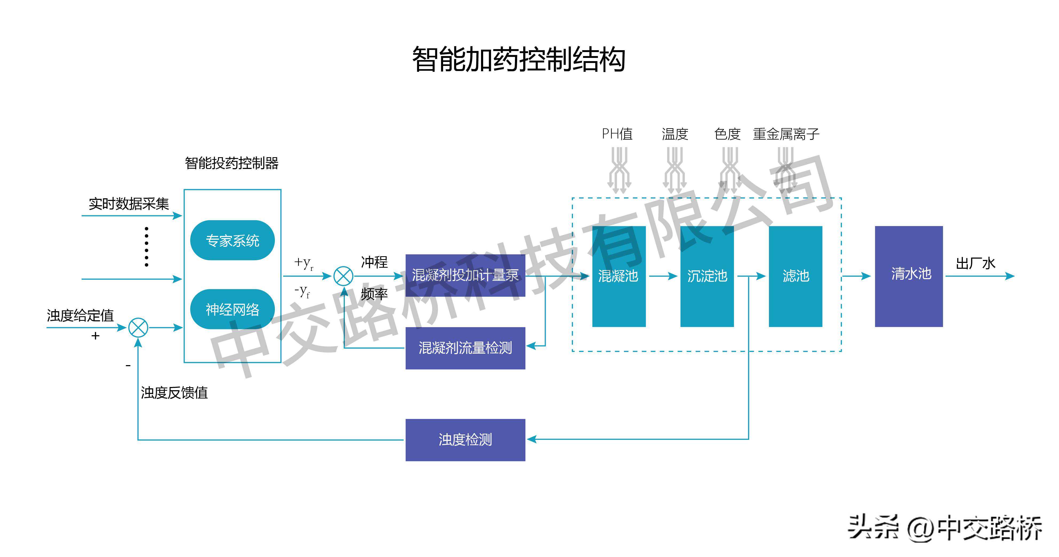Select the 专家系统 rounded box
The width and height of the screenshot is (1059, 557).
point(232,240)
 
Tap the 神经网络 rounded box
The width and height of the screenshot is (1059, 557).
point(232,309)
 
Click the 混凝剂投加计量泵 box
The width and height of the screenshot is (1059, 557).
point(465,275)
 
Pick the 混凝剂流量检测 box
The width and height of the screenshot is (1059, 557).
point(465,348)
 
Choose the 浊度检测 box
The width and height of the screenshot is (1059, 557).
point(465,440)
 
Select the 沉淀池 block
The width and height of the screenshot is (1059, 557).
point(707,276)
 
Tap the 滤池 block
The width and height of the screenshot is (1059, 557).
point(795,276)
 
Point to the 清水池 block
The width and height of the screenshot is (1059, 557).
point(909,276)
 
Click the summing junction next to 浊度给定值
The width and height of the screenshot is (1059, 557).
point(138,328)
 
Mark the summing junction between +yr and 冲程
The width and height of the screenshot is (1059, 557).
point(343,276)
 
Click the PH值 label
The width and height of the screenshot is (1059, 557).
point(617,134)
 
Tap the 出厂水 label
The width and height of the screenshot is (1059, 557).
point(975,263)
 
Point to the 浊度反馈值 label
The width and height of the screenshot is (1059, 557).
point(174,393)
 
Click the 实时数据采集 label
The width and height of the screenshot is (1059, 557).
point(129,204)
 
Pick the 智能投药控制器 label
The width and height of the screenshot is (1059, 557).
point(232,163)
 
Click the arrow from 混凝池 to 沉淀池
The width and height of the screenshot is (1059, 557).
point(663,276)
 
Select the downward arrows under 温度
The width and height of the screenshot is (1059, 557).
point(675,171)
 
